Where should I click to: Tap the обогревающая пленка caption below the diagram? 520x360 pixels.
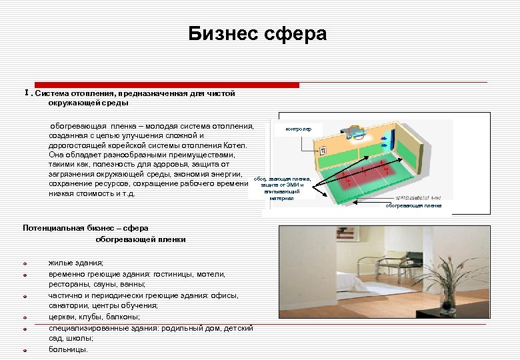pyautogui.click(x=413, y=205)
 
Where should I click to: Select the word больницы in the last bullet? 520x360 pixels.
pyautogui.click(x=67, y=349)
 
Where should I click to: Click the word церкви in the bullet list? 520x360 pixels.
pyautogui.click(x=61, y=317)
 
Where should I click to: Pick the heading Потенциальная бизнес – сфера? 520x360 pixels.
pyautogui.click(x=85, y=228)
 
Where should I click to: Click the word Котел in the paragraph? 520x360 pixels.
pyautogui.click(x=234, y=145)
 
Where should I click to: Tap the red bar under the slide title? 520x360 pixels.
pyautogui.click(x=167, y=85)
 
